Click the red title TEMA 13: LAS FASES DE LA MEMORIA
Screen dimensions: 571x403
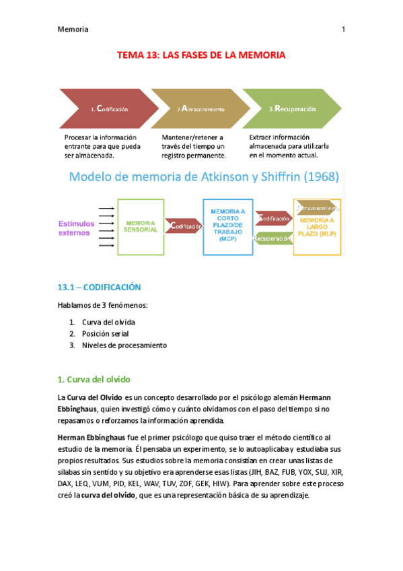pos(202,55)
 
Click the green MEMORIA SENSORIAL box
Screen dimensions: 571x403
pos(141,226)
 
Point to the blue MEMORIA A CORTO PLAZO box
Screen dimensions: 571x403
pos(228,226)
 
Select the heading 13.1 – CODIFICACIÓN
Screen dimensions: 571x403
pos(100,287)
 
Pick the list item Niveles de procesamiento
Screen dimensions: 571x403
pos(124,345)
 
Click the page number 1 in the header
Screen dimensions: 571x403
pos(343,30)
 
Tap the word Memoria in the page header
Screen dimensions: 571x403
pos(73,30)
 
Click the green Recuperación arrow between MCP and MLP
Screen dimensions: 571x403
pos(272,238)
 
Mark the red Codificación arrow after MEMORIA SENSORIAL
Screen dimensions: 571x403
pos(183,227)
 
